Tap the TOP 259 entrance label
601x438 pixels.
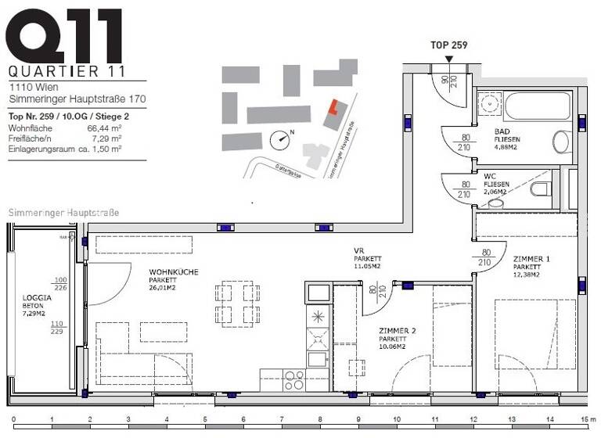[448, 45]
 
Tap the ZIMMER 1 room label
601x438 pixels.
[531, 259]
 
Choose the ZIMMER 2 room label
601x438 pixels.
[397, 331]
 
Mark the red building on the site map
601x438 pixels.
[333, 108]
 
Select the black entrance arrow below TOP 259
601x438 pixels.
[448, 58]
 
